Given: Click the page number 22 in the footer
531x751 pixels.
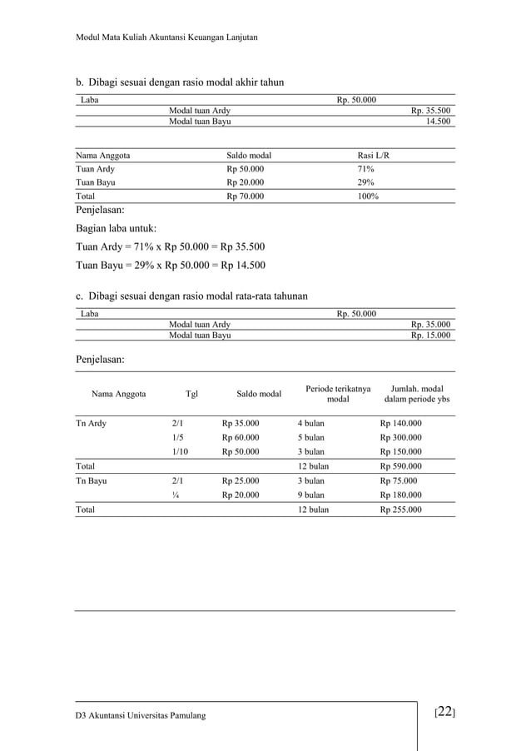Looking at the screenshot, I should [444, 712].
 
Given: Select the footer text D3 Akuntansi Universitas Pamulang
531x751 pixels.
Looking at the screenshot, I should [140, 716].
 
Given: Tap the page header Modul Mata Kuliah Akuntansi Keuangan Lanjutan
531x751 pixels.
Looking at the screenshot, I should [166, 37].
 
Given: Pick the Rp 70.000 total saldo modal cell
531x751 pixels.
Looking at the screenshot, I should [246, 196].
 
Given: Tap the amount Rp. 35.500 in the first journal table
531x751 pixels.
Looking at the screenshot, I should [431, 111].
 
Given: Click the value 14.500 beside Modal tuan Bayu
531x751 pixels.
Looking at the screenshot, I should [439, 122].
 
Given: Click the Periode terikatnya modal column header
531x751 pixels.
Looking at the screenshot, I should [338, 394].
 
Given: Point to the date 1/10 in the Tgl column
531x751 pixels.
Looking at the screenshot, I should [180, 451].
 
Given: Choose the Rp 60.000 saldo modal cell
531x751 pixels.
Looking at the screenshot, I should [241, 437].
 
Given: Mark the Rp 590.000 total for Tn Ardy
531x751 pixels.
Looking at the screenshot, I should [401, 466].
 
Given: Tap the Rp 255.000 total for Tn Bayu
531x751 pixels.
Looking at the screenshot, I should [401, 509].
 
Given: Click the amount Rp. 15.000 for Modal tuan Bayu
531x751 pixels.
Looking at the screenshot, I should [431, 336].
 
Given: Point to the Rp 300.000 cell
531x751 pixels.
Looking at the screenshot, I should [401, 437].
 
